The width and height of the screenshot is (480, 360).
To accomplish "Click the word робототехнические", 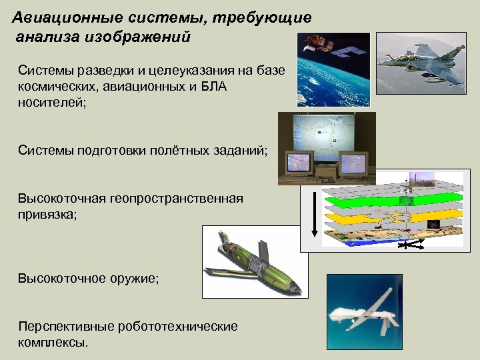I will click(x=177, y=327).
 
